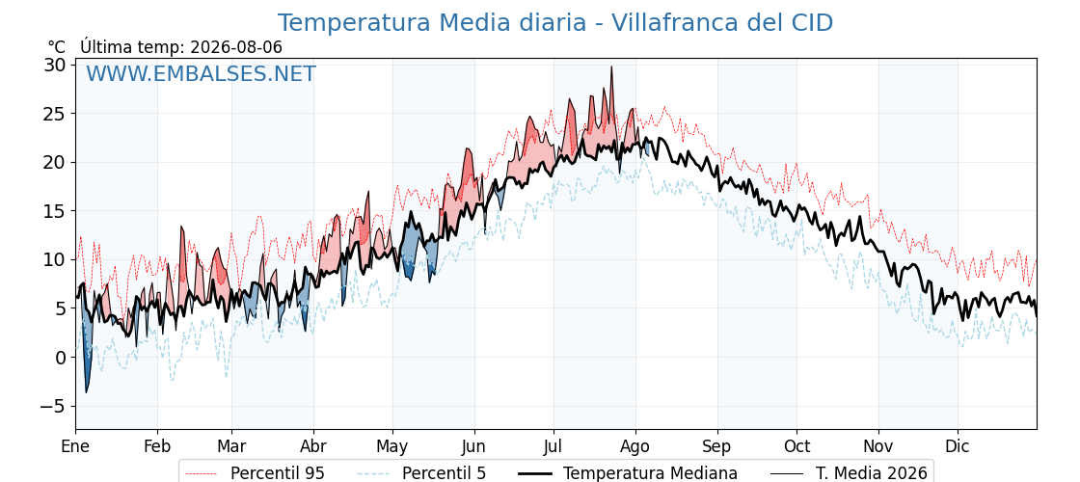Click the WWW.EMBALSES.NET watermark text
pyautogui.click(x=202, y=73)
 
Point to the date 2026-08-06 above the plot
pyautogui.click(x=236, y=47)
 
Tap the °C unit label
pyautogui.click(x=57, y=47)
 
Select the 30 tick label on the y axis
pyautogui.click(x=56, y=65)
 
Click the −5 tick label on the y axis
pyautogui.click(x=52, y=406)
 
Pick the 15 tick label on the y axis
pyautogui.click(x=56, y=211)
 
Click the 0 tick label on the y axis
pyautogui.click(x=61, y=358)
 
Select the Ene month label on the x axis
pyautogui.click(x=76, y=446)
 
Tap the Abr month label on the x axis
pyautogui.click(x=313, y=446)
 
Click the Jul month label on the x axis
pyautogui.click(x=553, y=446)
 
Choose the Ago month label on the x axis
pyautogui.click(x=635, y=447)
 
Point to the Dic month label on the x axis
pyautogui.click(x=958, y=446)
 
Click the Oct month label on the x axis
pyautogui.click(x=796, y=446)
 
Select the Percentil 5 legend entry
pyautogui.click(x=422, y=473)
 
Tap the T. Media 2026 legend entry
pyautogui.click(x=849, y=473)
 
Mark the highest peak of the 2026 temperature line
pyautogui.click(x=611, y=67)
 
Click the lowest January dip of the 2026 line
pyautogui.click(x=86, y=392)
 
